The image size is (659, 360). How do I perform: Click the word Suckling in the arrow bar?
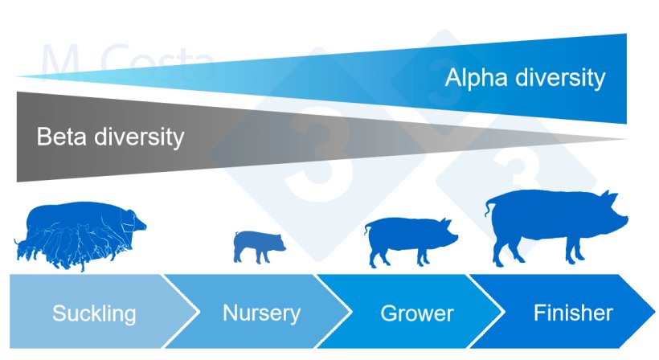[94, 313]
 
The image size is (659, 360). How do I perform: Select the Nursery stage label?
[261, 313]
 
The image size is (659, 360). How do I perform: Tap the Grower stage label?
[416, 313]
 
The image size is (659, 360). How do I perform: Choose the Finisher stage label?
[572, 312]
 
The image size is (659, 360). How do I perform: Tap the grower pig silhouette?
[410, 239]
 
